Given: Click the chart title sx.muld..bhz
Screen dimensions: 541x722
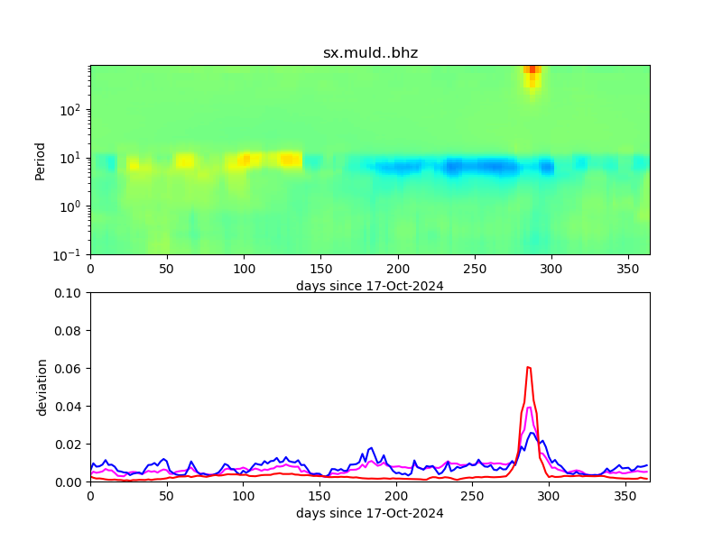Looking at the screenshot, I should (x=370, y=53).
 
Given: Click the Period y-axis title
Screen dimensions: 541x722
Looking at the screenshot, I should (x=41, y=160).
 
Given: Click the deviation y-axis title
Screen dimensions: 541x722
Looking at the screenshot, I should (x=41, y=387).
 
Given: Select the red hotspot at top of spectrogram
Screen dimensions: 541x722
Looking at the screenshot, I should (x=532, y=69).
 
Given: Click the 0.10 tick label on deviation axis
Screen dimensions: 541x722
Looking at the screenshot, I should (x=68, y=293).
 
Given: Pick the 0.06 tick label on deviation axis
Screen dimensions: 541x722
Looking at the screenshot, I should (x=68, y=369).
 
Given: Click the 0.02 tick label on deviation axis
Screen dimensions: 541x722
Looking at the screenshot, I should (x=68, y=445).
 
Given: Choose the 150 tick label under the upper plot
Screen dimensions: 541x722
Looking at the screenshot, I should (x=320, y=269).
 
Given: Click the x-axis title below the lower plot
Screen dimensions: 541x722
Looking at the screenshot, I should (x=370, y=513).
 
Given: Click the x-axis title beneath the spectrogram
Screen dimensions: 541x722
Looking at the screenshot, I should (x=370, y=286).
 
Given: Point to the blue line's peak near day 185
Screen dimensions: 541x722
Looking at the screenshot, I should (x=371, y=447).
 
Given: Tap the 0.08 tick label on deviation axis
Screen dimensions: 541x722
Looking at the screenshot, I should (x=68, y=331).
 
